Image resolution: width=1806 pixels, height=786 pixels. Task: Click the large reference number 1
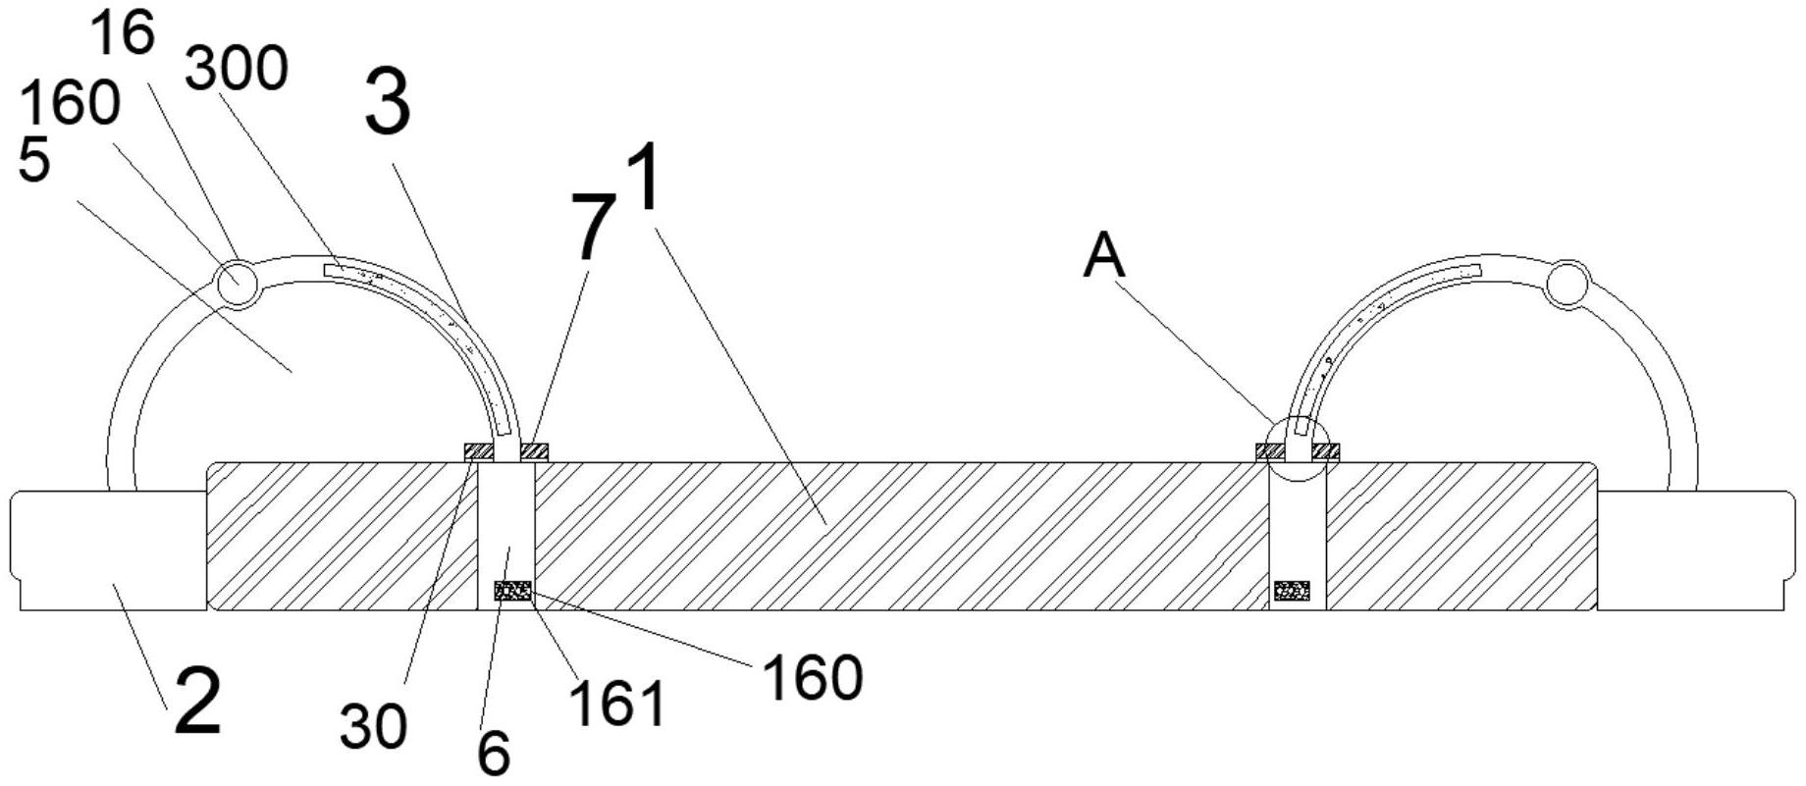[x=644, y=178]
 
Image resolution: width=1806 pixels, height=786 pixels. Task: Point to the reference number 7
[x=593, y=228]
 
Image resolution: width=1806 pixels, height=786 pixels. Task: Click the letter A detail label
[x=1104, y=258]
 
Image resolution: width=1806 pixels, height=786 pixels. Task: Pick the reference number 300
[x=237, y=70]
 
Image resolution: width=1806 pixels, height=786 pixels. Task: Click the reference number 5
[x=34, y=160]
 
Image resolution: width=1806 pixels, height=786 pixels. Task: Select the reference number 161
[x=617, y=704]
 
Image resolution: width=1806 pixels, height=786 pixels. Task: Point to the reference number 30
[x=373, y=727]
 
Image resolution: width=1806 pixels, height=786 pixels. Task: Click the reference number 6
[x=494, y=754]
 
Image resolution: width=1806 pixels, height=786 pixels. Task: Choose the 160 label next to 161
[x=812, y=678]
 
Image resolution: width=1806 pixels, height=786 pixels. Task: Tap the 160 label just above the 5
[x=70, y=103]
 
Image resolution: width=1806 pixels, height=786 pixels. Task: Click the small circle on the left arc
[x=237, y=285]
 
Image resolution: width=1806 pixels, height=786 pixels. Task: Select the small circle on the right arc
[x=1567, y=285]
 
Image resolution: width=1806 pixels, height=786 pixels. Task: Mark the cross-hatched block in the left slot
[x=513, y=591]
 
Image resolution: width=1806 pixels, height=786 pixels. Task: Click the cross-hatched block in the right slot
[x=1292, y=591]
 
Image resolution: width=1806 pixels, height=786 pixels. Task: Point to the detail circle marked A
[x=1297, y=449]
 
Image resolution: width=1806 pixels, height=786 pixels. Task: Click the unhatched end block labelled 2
[x=108, y=550]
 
